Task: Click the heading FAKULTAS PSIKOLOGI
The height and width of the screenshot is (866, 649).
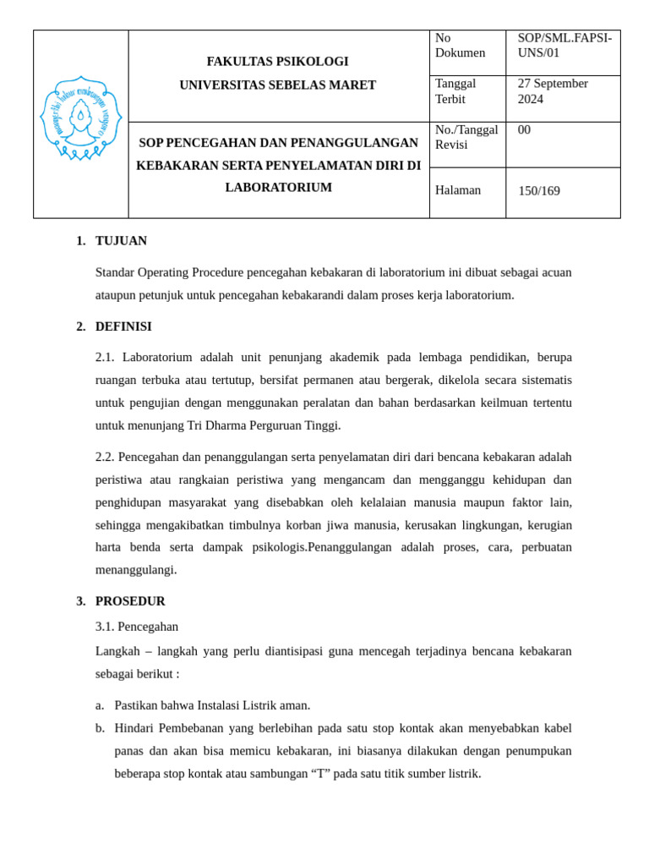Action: (277, 62)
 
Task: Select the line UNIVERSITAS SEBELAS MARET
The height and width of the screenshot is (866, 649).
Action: (277, 85)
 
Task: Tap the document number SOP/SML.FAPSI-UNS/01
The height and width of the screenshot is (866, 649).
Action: (564, 46)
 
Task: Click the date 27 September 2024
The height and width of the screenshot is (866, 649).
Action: (553, 91)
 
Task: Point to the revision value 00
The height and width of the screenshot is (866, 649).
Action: (524, 130)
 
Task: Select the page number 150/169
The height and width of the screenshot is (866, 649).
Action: (538, 191)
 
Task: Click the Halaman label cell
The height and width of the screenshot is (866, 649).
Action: (458, 190)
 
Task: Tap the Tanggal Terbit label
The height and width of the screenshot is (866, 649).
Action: (455, 91)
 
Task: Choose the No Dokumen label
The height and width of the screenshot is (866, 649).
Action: (460, 46)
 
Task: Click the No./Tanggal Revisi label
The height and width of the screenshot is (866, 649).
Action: (466, 137)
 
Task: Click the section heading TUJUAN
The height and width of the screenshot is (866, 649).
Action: (121, 241)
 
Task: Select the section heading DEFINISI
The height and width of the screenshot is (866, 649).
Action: (123, 326)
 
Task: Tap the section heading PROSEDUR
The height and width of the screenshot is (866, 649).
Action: (130, 601)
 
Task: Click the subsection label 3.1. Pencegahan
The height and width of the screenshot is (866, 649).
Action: (137, 627)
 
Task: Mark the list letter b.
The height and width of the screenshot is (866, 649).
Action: (100, 728)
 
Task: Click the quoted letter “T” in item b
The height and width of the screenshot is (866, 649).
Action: (320, 773)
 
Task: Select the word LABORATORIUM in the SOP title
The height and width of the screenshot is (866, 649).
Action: (278, 188)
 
